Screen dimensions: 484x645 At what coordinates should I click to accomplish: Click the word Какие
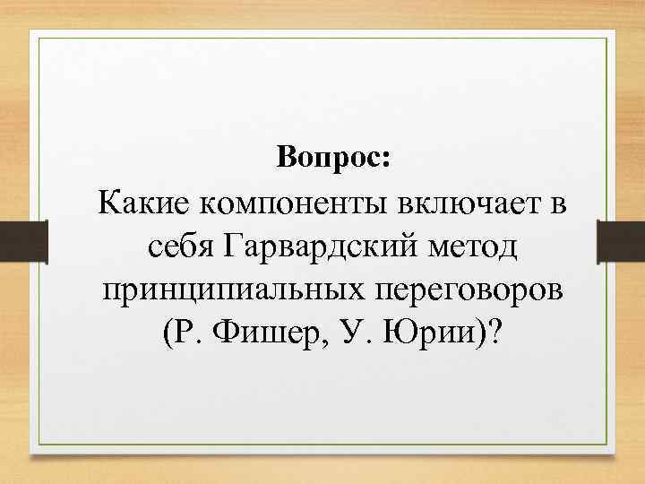click(145, 203)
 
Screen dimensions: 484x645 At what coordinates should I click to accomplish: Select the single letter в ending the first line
click(558, 203)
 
